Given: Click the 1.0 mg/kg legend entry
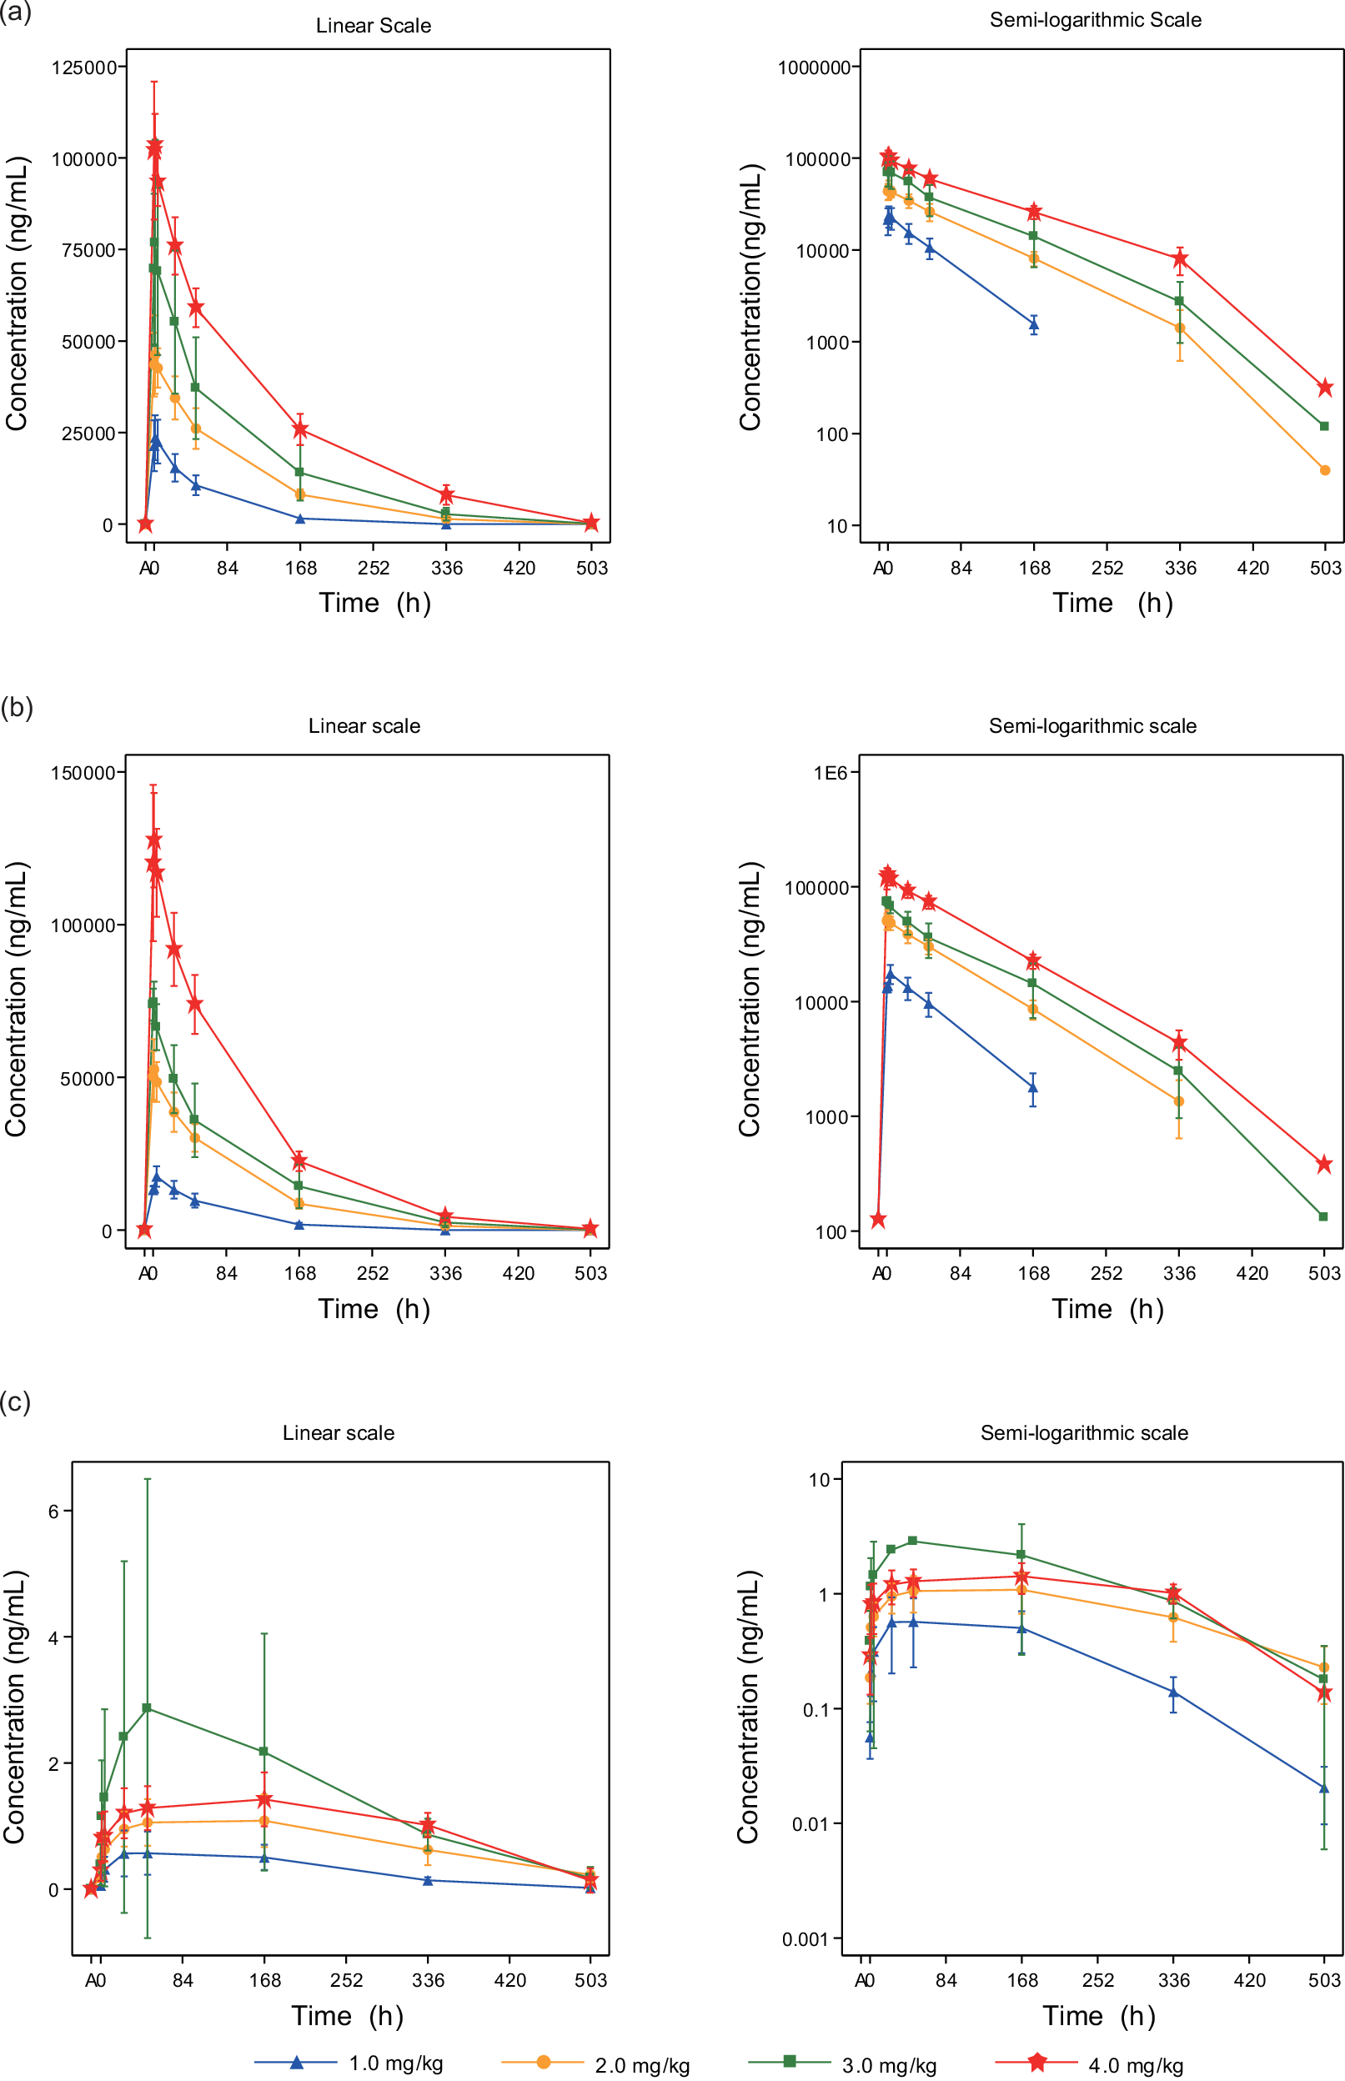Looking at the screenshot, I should point(394,2063).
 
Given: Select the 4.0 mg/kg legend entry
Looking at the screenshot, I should point(1135,2065).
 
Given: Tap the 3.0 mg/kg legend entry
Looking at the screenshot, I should point(888,2065).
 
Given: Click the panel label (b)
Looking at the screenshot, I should point(17,706).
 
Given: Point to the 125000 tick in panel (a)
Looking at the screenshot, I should point(84,68).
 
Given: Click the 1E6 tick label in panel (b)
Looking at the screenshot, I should point(830,772).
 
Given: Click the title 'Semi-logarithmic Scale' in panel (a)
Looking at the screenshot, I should point(1095,20).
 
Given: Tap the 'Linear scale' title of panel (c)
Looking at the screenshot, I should point(338,1433).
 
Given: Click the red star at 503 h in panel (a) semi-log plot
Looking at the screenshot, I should point(1325,387).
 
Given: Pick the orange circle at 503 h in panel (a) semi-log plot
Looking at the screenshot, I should point(1325,470).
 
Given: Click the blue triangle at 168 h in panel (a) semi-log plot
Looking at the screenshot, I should point(1033,325).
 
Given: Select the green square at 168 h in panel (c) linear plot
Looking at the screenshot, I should point(263,1752).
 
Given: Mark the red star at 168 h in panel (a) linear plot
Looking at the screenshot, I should point(300,429).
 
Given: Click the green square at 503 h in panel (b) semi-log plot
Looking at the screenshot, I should point(1323,1216).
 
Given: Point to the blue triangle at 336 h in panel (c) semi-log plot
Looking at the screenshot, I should point(1174,1692).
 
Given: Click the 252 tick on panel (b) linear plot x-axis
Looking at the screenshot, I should point(373,1273).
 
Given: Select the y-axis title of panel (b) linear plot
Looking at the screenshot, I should point(16,999).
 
